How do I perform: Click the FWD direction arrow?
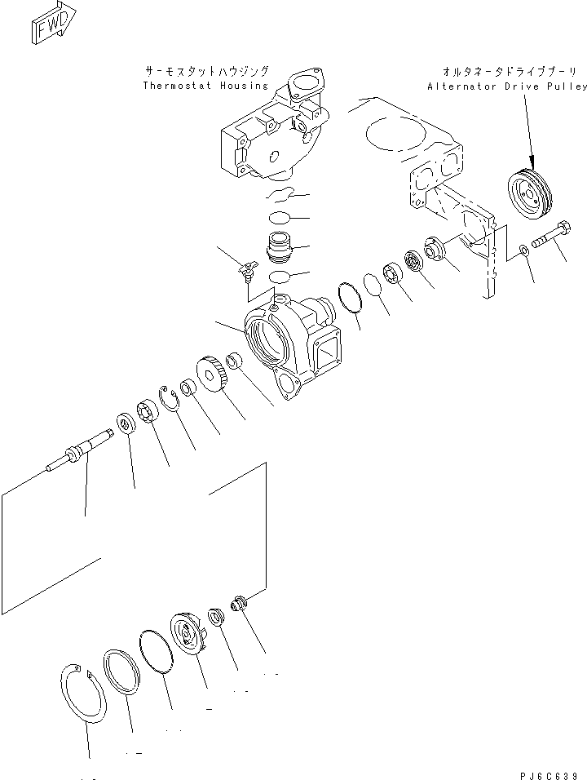click(54, 22)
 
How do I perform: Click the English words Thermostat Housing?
click(205, 86)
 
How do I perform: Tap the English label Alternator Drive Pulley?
click(507, 86)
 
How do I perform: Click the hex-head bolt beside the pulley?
click(552, 237)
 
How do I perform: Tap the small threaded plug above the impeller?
click(238, 606)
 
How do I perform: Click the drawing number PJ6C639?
click(549, 775)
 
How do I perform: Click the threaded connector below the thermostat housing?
click(280, 247)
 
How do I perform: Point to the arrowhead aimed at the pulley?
click(531, 162)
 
